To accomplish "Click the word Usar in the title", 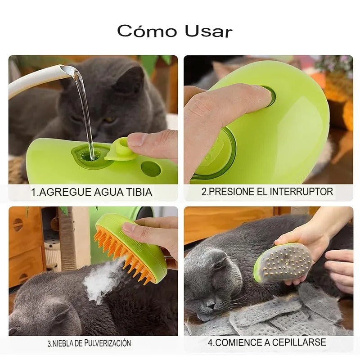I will point(208,31).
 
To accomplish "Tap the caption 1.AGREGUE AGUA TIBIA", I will point(91,192).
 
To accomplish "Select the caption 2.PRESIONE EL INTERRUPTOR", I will point(267,192).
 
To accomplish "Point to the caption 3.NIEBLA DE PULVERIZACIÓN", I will point(89,343).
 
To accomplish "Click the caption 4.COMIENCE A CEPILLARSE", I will point(267,342).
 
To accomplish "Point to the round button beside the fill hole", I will point(150,169).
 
